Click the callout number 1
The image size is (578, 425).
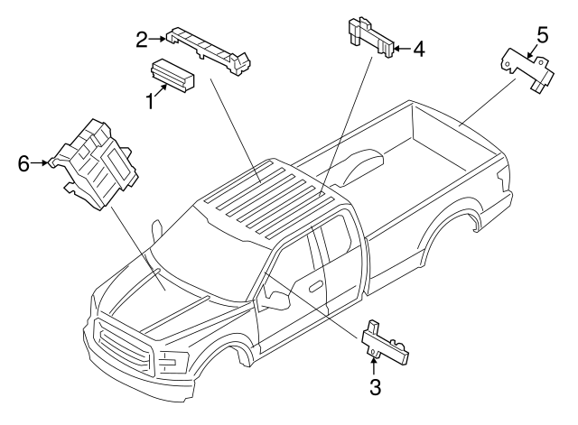coord(150,101)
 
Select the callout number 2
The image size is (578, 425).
coord(142,39)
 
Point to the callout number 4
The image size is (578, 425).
coord(417,49)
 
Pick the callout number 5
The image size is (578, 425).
coord(541,35)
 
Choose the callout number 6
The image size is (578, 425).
coord(24,163)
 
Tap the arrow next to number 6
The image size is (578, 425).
coord(42,163)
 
